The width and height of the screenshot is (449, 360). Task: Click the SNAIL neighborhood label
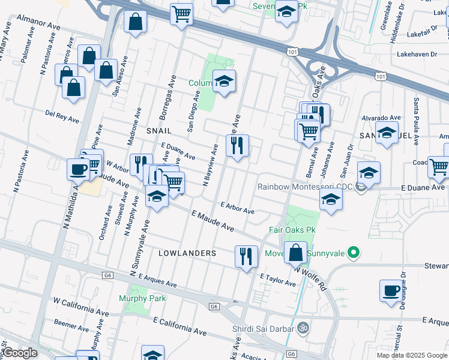(158, 130)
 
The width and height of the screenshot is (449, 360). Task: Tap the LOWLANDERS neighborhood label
(187, 253)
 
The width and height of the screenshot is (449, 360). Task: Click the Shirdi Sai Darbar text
(263, 328)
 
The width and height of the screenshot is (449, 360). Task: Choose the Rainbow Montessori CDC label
(304, 187)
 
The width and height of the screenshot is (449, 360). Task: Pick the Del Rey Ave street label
(62, 115)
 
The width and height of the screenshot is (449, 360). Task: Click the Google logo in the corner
(20, 353)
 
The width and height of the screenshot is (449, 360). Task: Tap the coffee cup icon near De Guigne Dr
(391, 291)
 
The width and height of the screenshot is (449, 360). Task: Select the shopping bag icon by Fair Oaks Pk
(296, 253)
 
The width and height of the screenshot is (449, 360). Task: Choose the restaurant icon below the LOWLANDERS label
(246, 257)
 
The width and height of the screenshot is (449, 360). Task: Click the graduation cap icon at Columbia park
(224, 82)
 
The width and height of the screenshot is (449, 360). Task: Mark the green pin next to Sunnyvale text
(354, 253)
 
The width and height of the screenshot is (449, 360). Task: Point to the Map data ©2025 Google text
(412, 355)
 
